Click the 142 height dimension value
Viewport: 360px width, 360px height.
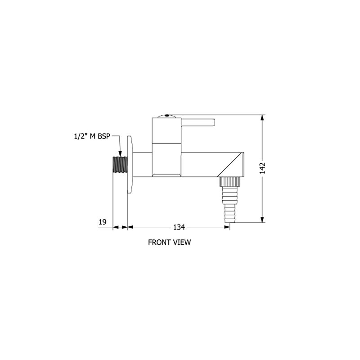click(x=262, y=168)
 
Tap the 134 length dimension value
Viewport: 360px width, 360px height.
click(x=179, y=227)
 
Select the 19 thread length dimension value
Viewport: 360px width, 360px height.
click(x=103, y=222)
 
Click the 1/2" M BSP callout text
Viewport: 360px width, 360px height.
click(x=92, y=136)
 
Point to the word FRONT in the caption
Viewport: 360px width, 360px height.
click(x=158, y=242)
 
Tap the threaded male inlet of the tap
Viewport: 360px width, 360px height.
click(x=120, y=164)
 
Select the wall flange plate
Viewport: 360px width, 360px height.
click(x=130, y=164)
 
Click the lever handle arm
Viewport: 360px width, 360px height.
click(x=198, y=122)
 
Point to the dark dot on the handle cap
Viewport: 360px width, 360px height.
click(x=166, y=116)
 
